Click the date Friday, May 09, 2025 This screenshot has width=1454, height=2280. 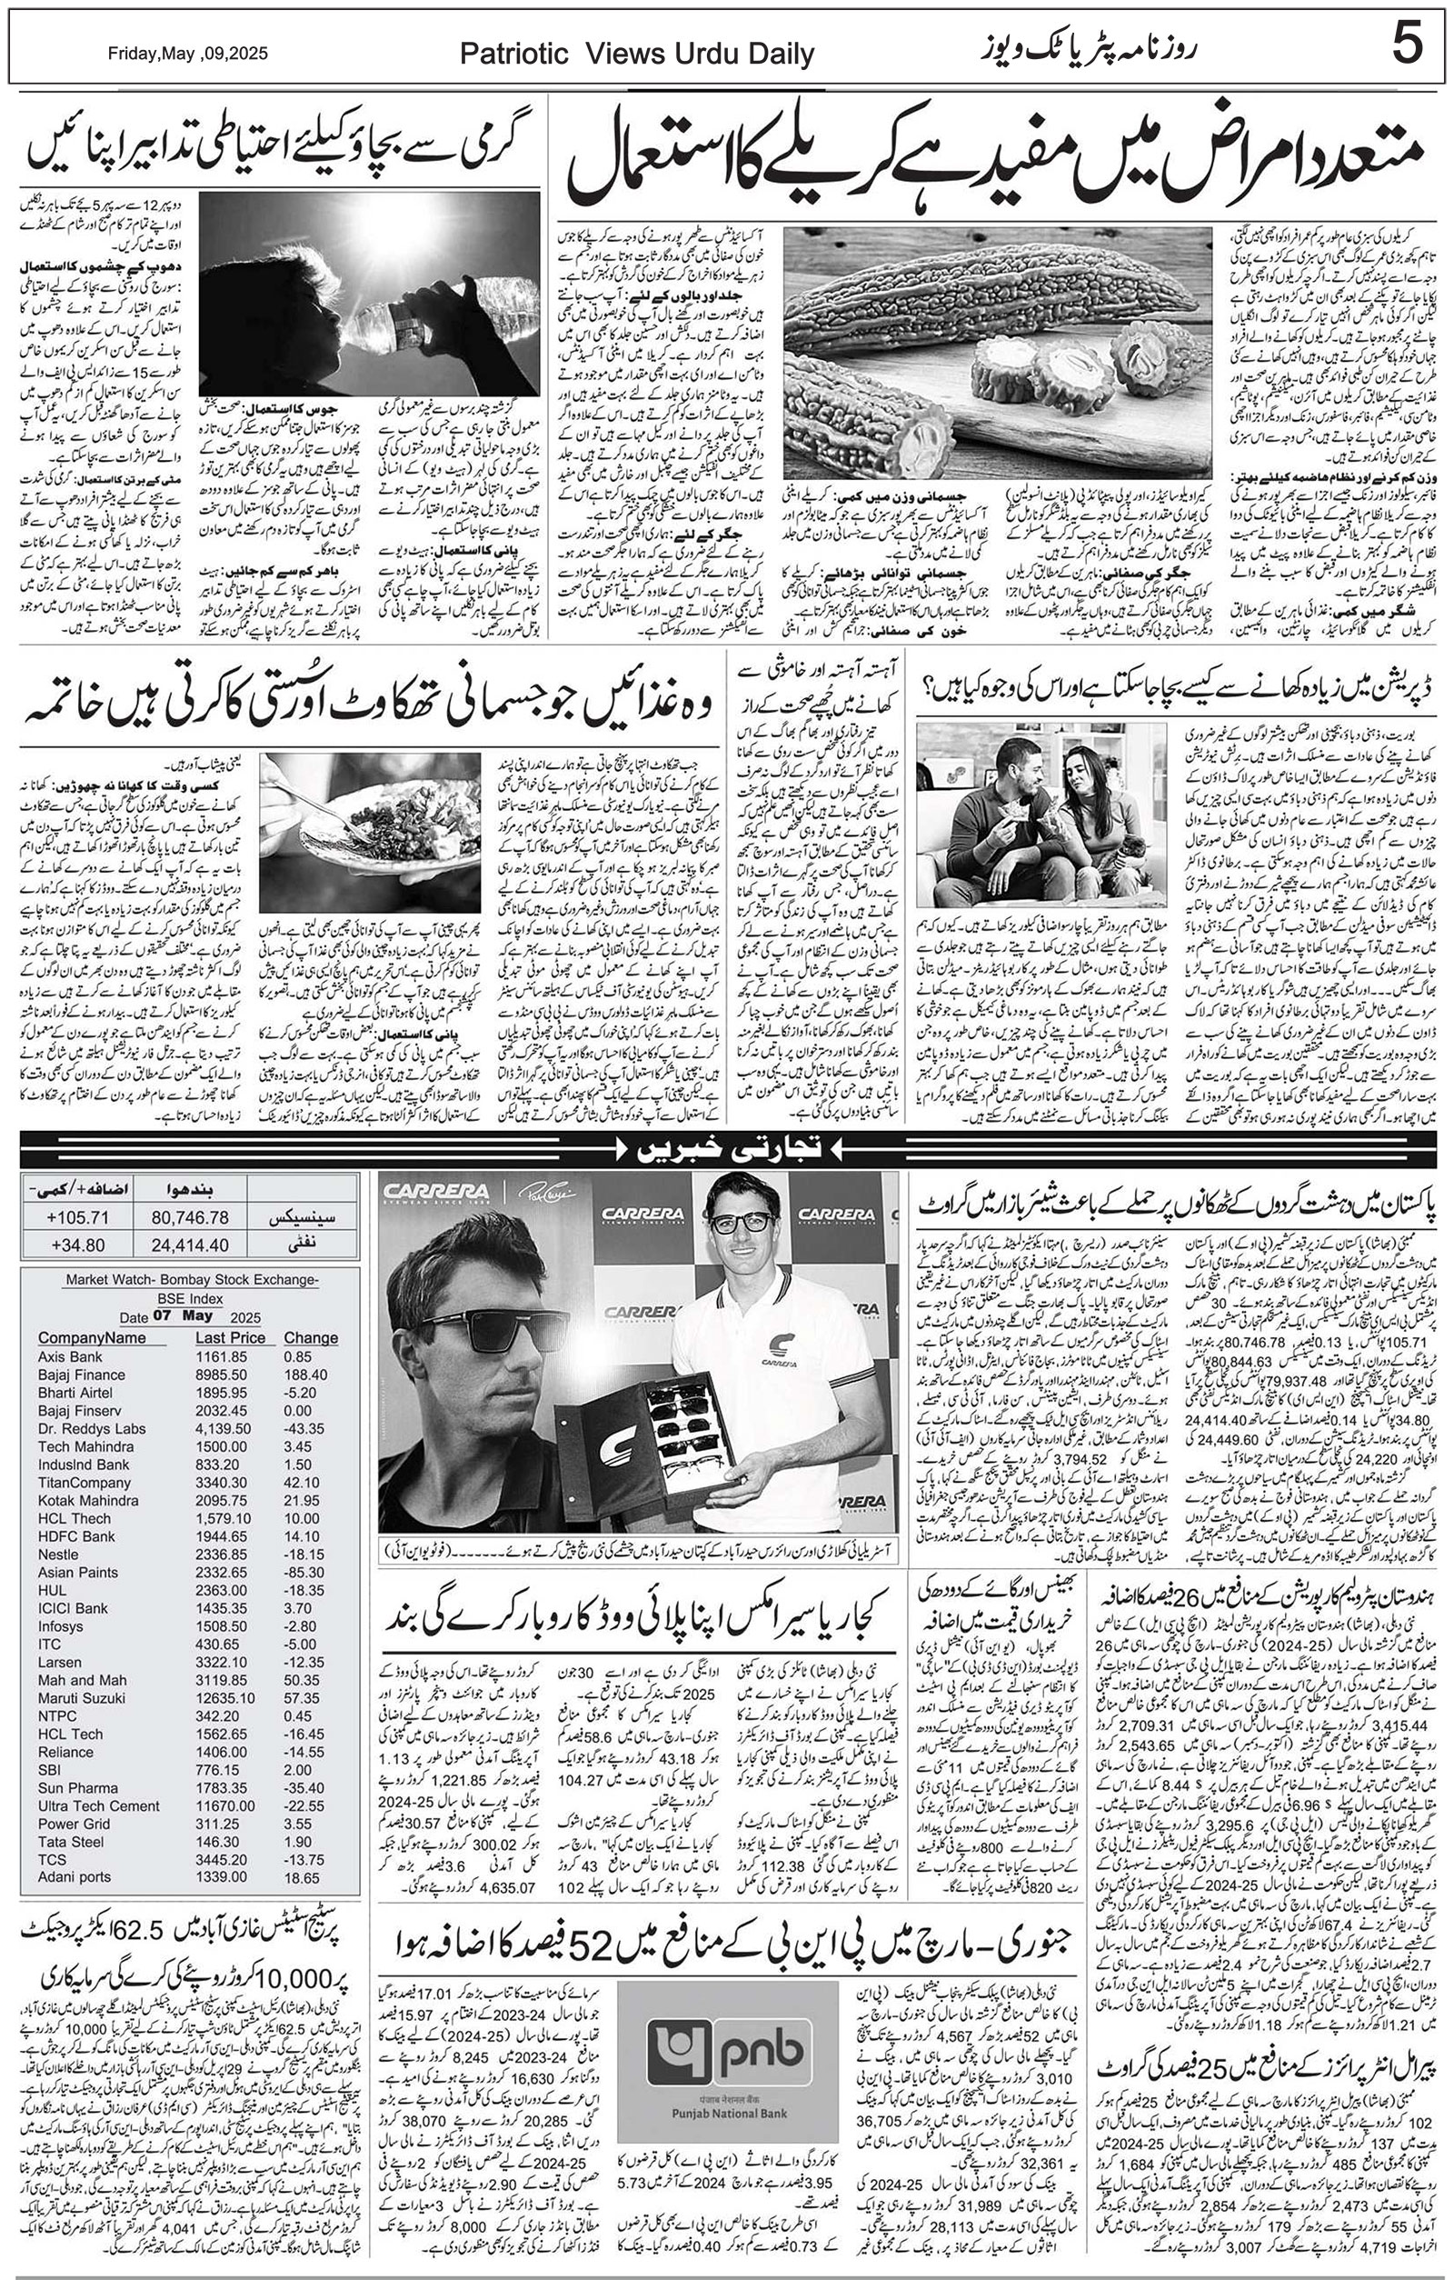pyautogui.click(x=187, y=54)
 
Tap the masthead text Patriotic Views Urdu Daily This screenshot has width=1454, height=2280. pyautogui.click(x=637, y=55)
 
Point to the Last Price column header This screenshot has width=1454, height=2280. pyautogui.click(x=230, y=1338)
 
